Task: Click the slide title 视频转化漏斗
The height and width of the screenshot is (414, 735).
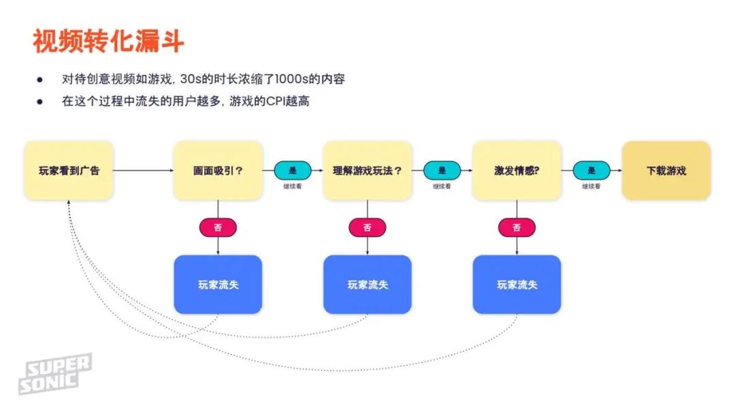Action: [108, 42]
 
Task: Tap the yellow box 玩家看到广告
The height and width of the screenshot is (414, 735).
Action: [68, 170]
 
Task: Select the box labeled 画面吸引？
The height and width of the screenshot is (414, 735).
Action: [218, 170]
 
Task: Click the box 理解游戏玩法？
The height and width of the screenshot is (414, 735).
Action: [367, 170]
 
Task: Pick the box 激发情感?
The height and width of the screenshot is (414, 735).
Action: [517, 170]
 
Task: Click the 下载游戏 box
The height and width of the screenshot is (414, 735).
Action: [666, 170]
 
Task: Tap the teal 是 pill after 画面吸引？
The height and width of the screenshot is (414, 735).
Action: [293, 170]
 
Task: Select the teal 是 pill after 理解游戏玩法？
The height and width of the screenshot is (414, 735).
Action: [442, 170]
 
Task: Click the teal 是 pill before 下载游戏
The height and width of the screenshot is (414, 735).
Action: [591, 170]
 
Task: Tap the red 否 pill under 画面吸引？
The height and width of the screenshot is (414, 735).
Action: [218, 227]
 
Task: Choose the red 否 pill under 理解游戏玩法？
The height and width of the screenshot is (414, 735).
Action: [367, 227]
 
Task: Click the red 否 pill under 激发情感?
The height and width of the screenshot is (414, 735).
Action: [517, 227]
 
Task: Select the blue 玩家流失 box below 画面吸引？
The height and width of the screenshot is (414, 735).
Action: [218, 284]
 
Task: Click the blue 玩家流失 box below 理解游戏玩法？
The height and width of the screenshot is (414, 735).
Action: [367, 284]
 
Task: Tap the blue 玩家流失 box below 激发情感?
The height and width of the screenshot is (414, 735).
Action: [517, 284]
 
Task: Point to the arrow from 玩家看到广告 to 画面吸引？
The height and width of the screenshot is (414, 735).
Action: [143, 170]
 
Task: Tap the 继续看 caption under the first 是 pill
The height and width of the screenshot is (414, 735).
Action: [293, 185]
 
